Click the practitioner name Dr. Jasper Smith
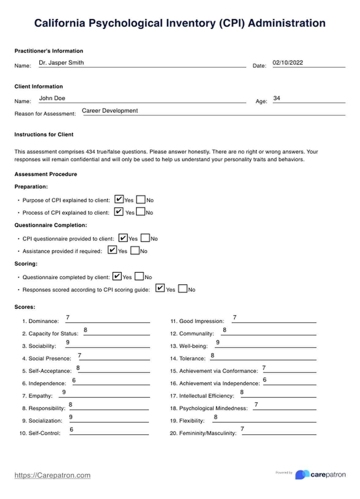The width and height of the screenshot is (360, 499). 61,63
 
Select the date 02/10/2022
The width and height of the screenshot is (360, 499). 287,63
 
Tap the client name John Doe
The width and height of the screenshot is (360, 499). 52,98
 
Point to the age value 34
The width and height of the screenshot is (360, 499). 276,98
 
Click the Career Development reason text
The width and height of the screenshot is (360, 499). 110,111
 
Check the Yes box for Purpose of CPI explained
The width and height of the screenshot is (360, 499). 119,199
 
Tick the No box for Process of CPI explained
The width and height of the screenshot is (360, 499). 141,212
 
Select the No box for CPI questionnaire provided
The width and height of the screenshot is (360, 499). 145,238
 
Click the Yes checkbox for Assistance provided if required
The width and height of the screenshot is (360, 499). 112,250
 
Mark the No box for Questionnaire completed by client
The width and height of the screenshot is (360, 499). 139,276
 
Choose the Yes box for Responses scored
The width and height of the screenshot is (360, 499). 160,288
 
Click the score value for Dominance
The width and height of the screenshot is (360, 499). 68,317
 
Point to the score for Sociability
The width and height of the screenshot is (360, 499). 68,342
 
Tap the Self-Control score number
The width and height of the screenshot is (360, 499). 71,430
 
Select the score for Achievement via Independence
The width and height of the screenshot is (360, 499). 264,380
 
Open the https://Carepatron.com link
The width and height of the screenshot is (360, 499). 52,475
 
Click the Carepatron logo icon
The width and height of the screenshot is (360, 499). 302,475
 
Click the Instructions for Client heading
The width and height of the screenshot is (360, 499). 44,134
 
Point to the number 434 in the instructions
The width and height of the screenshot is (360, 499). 90,152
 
